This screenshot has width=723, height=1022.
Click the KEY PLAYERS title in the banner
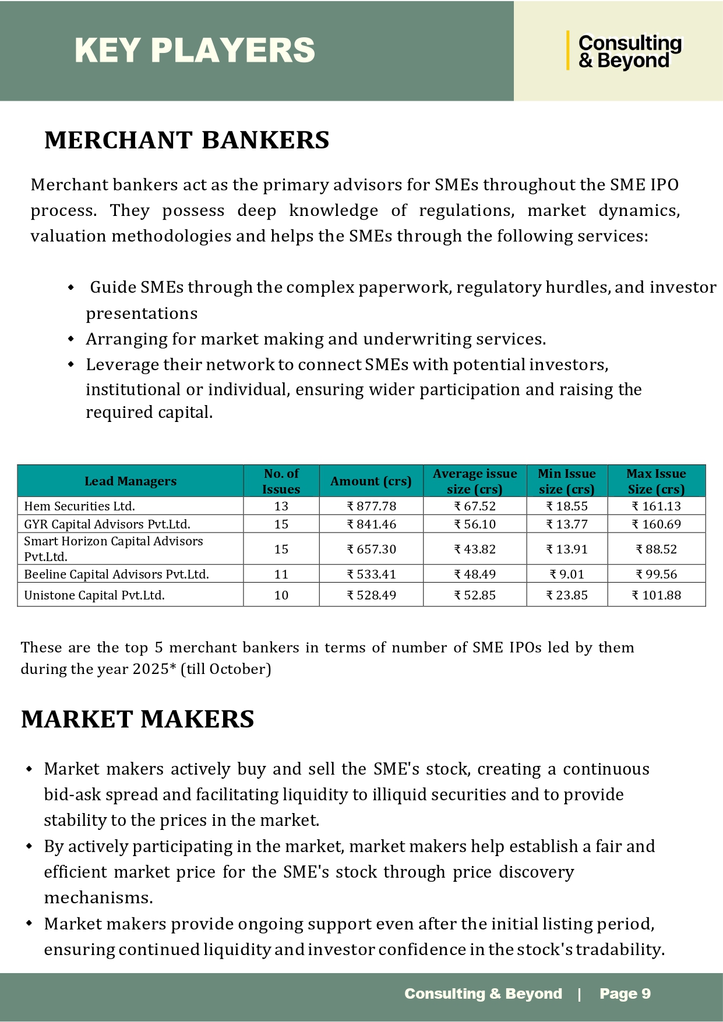click(195, 50)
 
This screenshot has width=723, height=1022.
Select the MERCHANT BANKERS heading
click(186, 140)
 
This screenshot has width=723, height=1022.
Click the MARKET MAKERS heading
click(137, 719)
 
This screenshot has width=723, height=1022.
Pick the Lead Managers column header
click(131, 481)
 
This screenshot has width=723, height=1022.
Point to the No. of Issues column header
click(281, 481)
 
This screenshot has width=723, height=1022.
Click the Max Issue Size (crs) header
click(656, 481)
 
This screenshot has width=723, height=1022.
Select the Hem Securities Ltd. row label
click(79, 506)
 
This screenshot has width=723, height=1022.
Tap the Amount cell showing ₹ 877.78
click(371, 506)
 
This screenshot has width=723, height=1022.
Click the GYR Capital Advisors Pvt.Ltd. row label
click(107, 524)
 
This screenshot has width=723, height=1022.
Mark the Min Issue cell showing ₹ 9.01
click(566, 574)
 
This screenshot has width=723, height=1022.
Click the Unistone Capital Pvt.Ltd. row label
click(94, 595)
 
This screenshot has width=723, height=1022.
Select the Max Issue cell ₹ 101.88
click(656, 595)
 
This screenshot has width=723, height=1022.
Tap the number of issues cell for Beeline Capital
click(281, 574)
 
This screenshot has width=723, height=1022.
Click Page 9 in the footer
click(625, 993)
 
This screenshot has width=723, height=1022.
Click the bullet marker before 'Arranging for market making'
click(71, 339)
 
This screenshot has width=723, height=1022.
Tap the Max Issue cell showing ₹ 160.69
click(656, 524)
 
